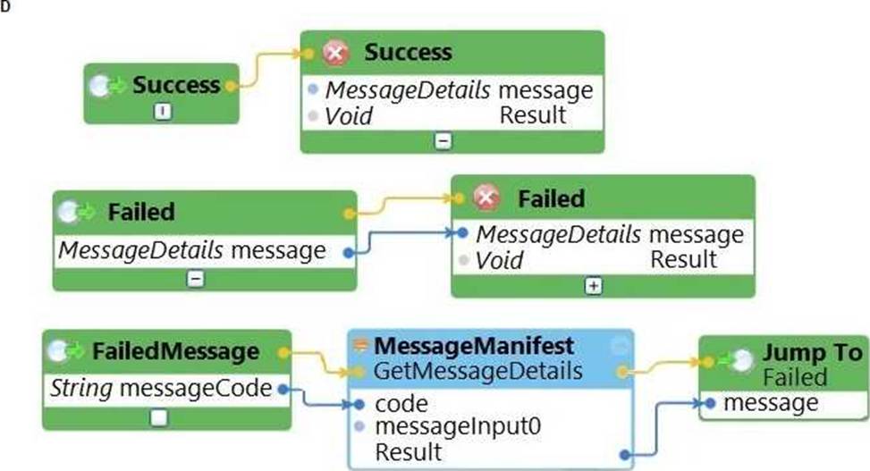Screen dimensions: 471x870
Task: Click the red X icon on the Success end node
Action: (x=336, y=54)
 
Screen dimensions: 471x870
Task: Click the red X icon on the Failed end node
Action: (x=487, y=198)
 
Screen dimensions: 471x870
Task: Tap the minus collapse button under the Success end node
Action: (x=443, y=140)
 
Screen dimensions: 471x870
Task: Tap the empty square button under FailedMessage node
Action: (x=158, y=416)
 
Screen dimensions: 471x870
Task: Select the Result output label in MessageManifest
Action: (x=408, y=450)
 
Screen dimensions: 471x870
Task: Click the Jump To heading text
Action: (x=811, y=352)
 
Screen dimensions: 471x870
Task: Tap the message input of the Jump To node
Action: (x=770, y=403)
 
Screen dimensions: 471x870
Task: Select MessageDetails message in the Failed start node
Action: (x=191, y=251)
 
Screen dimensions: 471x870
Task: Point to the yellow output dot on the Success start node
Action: (x=232, y=86)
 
